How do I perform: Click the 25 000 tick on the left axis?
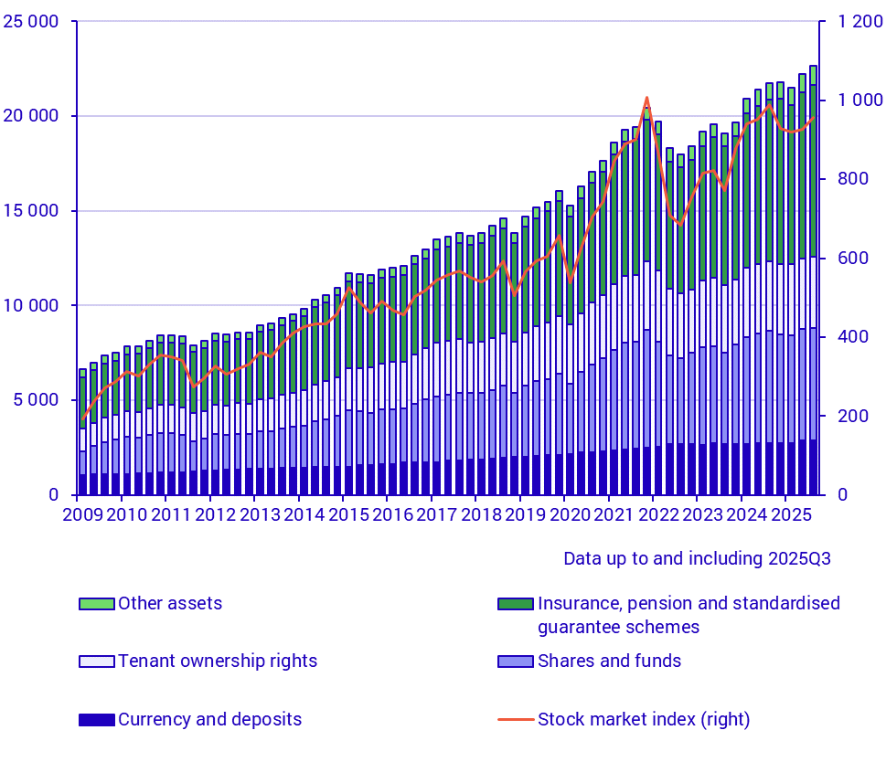[x=32, y=22]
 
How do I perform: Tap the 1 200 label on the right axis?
[x=849, y=22]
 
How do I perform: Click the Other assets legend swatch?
[x=96, y=604]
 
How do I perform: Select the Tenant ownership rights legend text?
[x=217, y=661]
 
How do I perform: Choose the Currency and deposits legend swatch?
[x=96, y=720]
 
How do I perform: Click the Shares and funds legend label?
[x=609, y=661]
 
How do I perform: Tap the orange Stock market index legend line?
[x=516, y=720]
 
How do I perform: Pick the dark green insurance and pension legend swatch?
[x=516, y=604]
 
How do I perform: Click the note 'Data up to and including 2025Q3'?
[x=697, y=558]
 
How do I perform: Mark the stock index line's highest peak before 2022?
[x=647, y=98]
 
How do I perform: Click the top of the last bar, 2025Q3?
[x=814, y=66]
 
